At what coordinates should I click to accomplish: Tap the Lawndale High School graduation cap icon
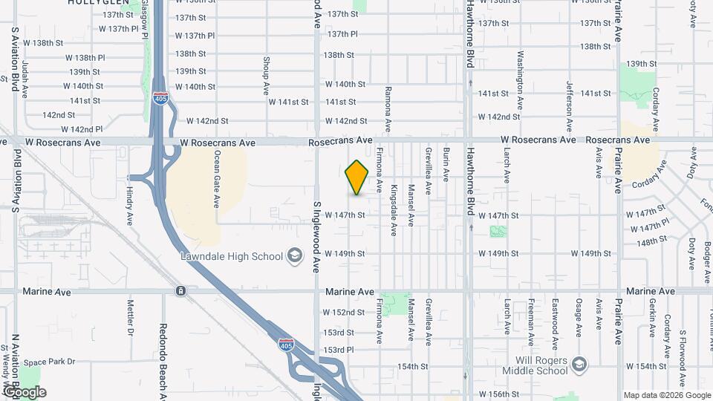(x=295, y=256)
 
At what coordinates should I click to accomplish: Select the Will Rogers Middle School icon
(x=579, y=365)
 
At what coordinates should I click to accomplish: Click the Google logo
(x=25, y=392)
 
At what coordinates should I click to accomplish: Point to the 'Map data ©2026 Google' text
(x=666, y=395)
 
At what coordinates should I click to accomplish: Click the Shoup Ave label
(x=266, y=76)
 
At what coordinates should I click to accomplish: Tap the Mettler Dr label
(x=130, y=315)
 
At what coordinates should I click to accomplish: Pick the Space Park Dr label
(x=50, y=362)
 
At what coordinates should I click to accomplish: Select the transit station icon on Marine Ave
(x=180, y=291)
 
